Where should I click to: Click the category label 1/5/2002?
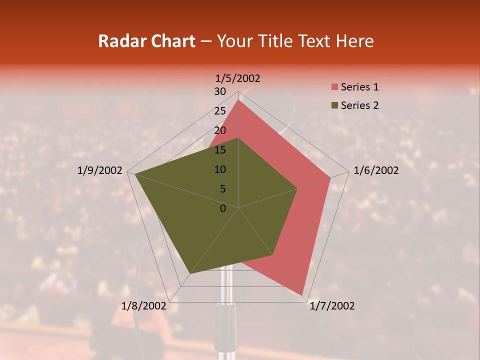[238, 78]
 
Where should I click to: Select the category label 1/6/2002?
[376, 170]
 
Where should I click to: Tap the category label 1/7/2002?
[332, 306]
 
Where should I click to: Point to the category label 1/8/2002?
[144, 306]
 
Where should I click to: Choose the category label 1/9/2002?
[100, 170]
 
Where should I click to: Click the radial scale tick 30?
[220, 91]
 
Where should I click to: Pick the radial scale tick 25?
[220, 111]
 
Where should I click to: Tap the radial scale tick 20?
[220, 130]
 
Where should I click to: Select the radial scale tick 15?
[220, 150]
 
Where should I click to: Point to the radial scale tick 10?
[220, 169]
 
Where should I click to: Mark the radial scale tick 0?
[223, 208]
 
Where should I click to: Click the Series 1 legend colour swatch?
[334, 87]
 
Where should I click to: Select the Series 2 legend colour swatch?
[334, 105]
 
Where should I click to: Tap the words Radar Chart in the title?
[146, 41]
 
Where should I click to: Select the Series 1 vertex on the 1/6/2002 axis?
[330, 177]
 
